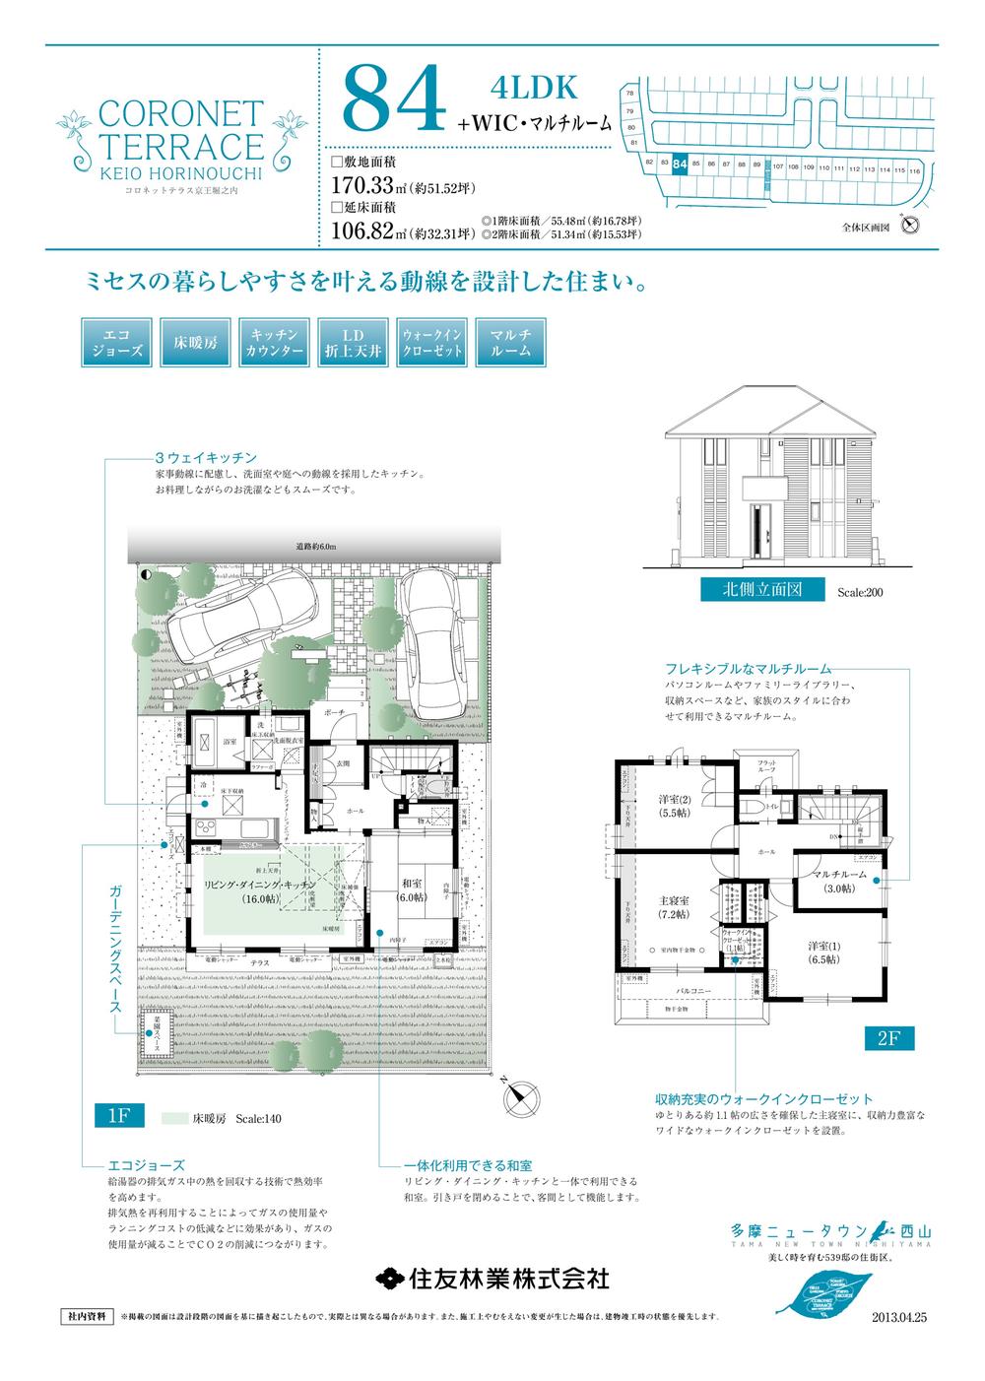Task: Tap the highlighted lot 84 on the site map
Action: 679,166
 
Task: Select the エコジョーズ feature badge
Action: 114,342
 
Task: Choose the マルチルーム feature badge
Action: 510,342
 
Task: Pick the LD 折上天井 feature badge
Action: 353,342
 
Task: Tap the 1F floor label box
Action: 119,1115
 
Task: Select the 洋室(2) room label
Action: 673,806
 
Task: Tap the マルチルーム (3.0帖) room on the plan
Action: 839,882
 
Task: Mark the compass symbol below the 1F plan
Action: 520,1095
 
